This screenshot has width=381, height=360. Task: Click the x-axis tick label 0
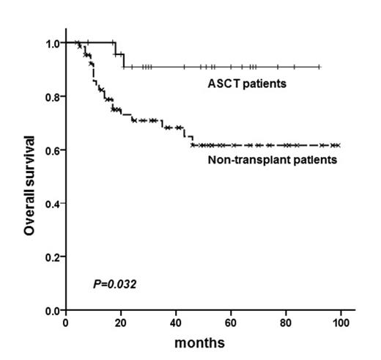(66, 323)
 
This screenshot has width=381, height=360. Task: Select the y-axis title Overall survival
(29, 184)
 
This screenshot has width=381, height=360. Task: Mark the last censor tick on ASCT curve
(319, 67)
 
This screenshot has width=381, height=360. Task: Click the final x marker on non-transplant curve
(336, 145)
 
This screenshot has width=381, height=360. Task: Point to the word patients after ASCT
(263, 83)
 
